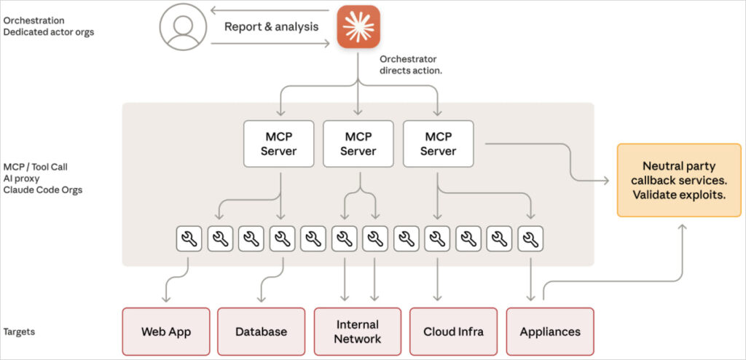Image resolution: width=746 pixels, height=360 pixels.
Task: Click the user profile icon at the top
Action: pyautogui.click(x=182, y=28)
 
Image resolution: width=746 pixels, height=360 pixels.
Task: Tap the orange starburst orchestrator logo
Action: pyautogui.click(x=358, y=27)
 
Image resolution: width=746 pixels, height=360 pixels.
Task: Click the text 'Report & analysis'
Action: pyautogui.click(x=271, y=27)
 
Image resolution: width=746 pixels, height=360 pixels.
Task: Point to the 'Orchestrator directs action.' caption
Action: pyautogui.click(x=411, y=65)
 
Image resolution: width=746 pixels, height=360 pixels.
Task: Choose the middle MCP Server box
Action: pyautogui.click(x=358, y=144)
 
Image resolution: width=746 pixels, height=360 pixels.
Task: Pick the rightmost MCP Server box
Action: pyautogui.click(x=438, y=144)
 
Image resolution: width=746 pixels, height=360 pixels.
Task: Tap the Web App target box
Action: pyautogui.click(x=166, y=332)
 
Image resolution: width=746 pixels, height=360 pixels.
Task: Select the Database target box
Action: pyautogui.click(x=261, y=332)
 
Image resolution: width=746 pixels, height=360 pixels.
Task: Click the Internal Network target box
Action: pyautogui.click(x=358, y=332)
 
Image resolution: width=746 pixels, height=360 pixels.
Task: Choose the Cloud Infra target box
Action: pyautogui.click(x=454, y=332)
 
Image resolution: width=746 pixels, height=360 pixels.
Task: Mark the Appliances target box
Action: pyautogui.click(x=550, y=332)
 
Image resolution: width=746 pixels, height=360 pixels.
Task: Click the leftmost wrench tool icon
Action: pyautogui.click(x=189, y=238)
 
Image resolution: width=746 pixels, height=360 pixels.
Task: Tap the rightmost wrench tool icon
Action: pyautogui.click(x=531, y=238)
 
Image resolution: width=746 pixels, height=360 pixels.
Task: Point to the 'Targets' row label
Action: pyautogui.click(x=19, y=332)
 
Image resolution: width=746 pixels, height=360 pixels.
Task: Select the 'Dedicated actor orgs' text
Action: pyautogui.click(x=49, y=32)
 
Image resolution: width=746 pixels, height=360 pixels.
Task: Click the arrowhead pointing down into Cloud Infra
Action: pyautogui.click(x=438, y=297)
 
